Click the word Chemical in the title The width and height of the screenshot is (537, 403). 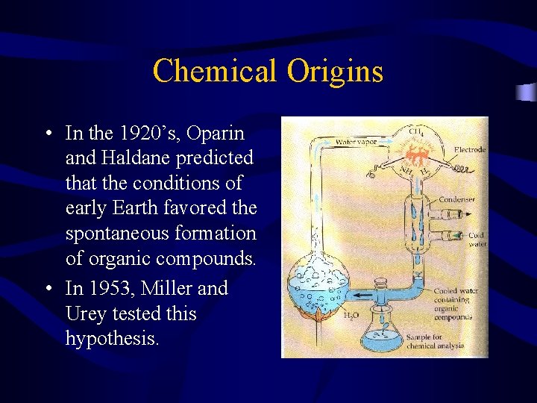pyautogui.click(x=213, y=72)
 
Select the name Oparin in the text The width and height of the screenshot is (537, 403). pyautogui.click(x=216, y=134)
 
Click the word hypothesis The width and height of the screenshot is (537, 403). pyautogui.click(x=112, y=339)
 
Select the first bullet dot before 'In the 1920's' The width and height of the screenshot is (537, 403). pyautogui.click(x=47, y=134)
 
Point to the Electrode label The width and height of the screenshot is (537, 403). pyautogui.click(x=469, y=150)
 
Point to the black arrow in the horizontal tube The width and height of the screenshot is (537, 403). pyautogui.click(x=364, y=294)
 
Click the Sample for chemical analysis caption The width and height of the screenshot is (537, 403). pyautogui.click(x=435, y=341)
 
